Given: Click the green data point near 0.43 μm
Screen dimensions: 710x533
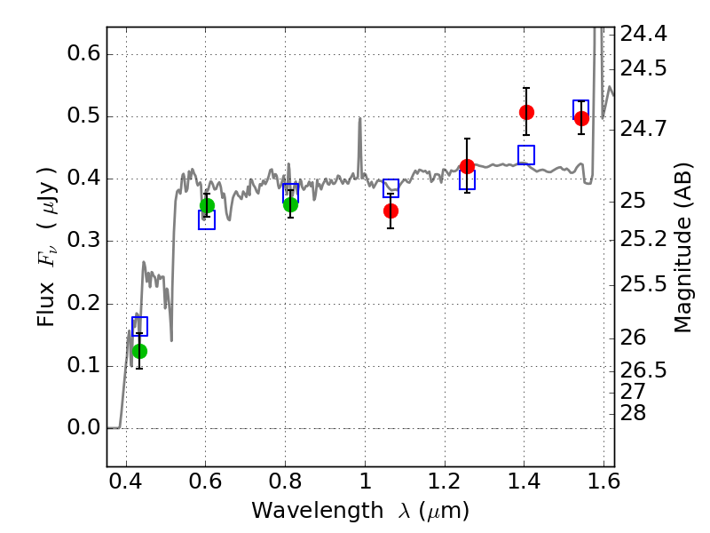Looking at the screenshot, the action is pyautogui.click(x=140, y=351).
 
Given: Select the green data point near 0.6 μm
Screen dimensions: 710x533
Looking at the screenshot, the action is pyautogui.click(x=207, y=206).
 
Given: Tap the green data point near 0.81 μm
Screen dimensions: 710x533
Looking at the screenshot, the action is pyautogui.click(x=291, y=205).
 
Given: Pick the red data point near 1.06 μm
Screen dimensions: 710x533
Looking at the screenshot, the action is pyautogui.click(x=390, y=211).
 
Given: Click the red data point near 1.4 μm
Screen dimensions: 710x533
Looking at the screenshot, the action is pyautogui.click(x=526, y=112).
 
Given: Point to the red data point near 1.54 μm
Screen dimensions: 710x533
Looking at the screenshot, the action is pyautogui.click(x=581, y=119).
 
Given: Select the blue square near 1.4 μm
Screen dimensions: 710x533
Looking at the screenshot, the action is pyautogui.click(x=526, y=155).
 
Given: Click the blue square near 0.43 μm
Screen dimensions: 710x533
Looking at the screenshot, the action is pyautogui.click(x=140, y=326).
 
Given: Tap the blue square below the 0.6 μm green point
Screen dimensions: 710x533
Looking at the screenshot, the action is pyautogui.click(x=207, y=219).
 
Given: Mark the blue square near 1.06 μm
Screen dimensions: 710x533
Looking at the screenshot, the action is pyautogui.click(x=390, y=188).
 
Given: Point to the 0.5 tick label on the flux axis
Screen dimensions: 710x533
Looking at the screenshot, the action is pyautogui.click(x=83, y=115).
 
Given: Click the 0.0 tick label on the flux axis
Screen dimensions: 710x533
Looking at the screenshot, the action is pyautogui.click(x=83, y=427).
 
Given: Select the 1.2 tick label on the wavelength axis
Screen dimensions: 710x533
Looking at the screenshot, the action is pyautogui.click(x=445, y=481).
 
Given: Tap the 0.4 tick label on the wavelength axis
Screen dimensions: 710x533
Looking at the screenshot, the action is pyautogui.click(x=126, y=481).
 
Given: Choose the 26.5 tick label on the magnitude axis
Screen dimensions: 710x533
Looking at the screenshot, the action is pyautogui.click(x=643, y=370).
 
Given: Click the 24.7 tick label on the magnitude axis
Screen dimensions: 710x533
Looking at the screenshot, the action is pyautogui.click(x=643, y=129).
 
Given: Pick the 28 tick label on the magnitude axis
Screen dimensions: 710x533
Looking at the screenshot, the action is pyautogui.click(x=633, y=413).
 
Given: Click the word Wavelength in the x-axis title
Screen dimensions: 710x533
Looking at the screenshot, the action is pyautogui.click(x=318, y=511).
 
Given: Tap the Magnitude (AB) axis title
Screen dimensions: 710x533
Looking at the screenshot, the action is pyautogui.click(x=682, y=248).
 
